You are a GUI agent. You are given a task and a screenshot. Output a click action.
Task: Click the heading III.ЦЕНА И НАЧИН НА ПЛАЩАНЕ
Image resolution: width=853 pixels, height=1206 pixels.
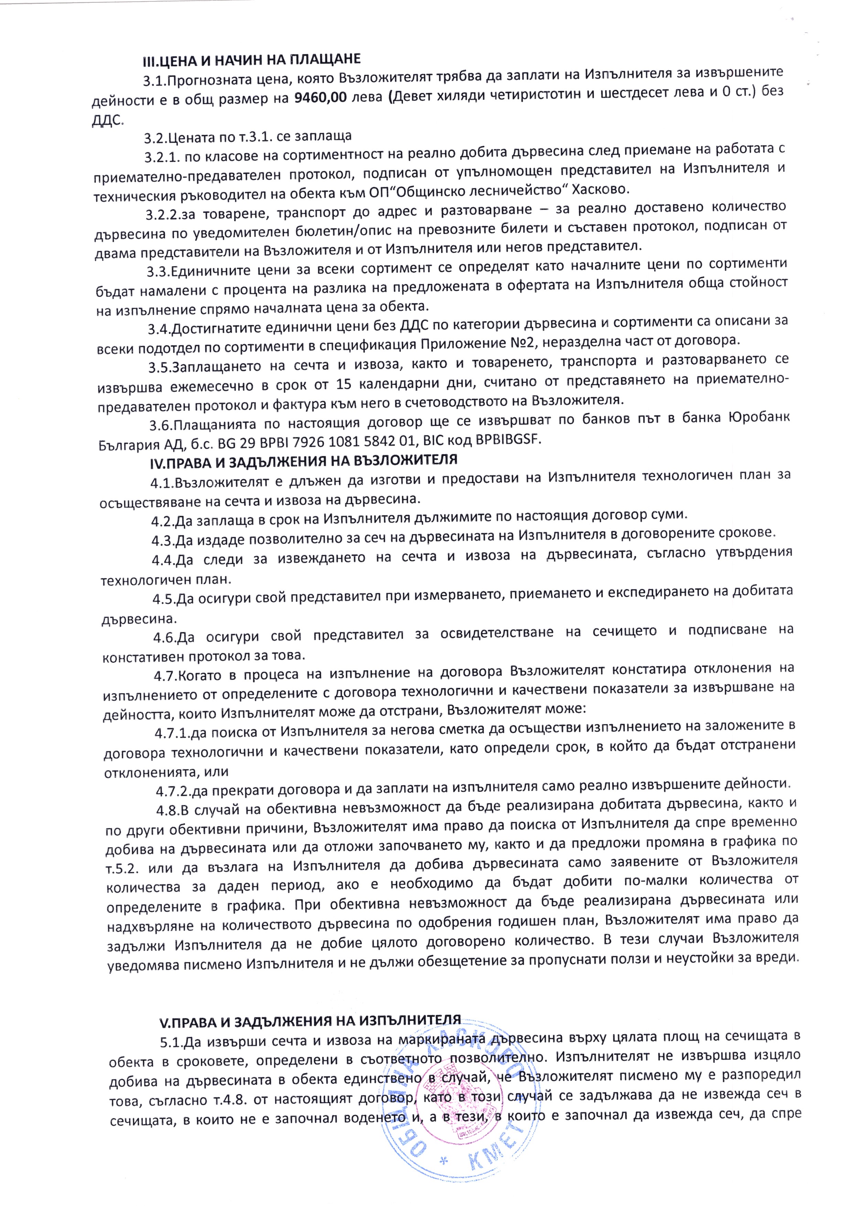251,59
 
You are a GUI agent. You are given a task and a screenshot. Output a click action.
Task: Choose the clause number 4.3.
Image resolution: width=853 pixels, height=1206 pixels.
163,540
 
